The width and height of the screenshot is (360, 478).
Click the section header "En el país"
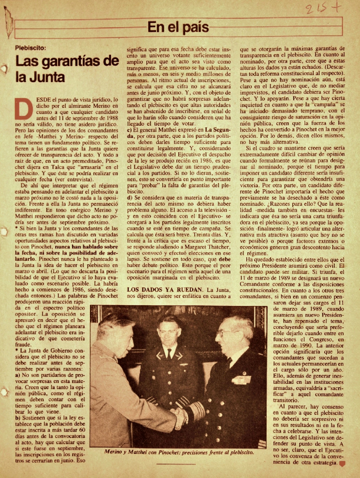pos(178,27)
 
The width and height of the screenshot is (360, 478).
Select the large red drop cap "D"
pos(21,108)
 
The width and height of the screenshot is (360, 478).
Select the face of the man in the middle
pos(169,331)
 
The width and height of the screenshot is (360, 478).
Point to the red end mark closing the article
pos(342,463)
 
